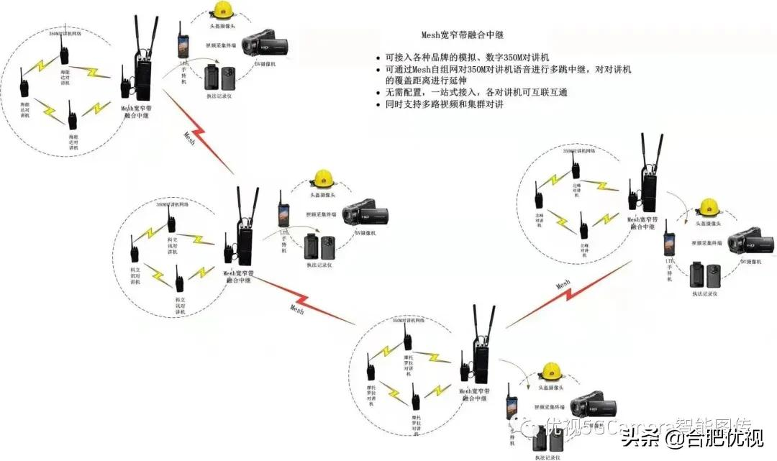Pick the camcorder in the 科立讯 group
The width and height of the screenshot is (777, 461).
366,214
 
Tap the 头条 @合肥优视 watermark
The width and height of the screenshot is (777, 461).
692,436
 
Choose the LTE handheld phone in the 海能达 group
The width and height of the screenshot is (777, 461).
183,40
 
